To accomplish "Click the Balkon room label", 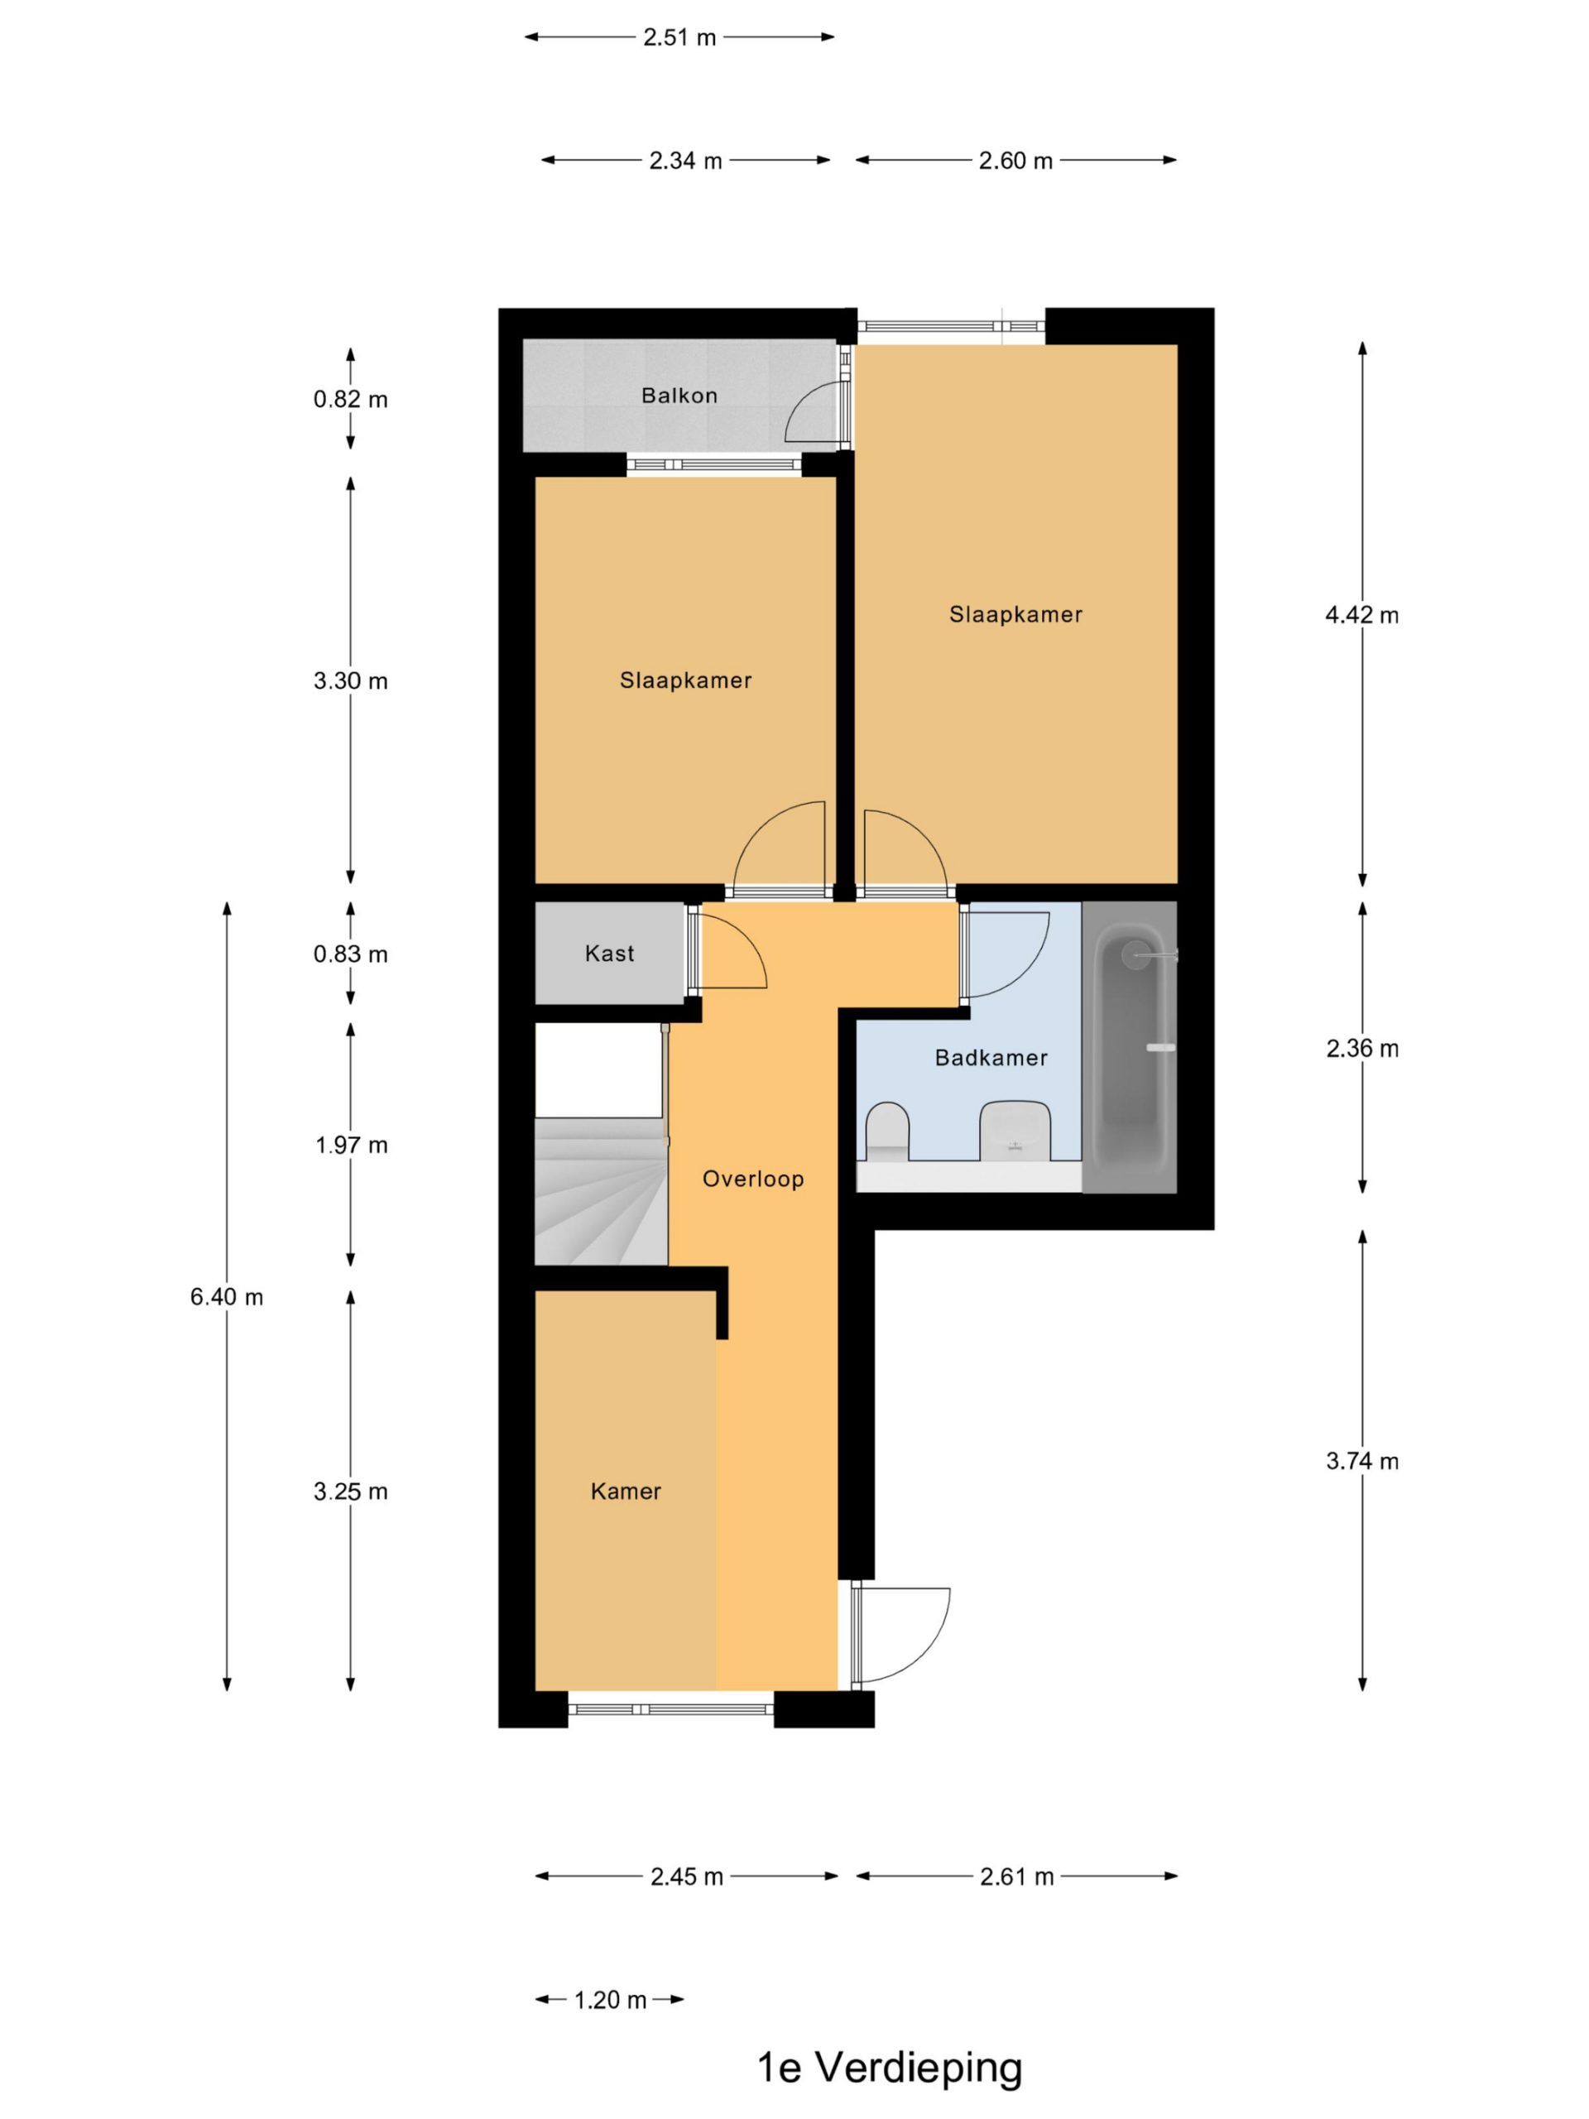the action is tap(679, 396).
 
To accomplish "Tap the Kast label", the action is tap(609, 954).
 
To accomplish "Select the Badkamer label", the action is tap(991, 1058).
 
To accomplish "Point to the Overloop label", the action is tap(753, 1179).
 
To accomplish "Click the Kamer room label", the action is tap(626, 1491).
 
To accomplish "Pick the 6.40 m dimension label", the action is tap(227, 1297).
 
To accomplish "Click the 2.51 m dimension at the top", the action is tap(679, 37).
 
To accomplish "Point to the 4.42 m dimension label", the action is tap(1362, 615).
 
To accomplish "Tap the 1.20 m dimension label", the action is tap(610, 1999).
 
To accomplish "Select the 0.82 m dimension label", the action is tap(351, 400).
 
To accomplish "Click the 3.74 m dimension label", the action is tap(1362, 1461).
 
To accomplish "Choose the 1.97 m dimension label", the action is tap(352, 1145).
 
